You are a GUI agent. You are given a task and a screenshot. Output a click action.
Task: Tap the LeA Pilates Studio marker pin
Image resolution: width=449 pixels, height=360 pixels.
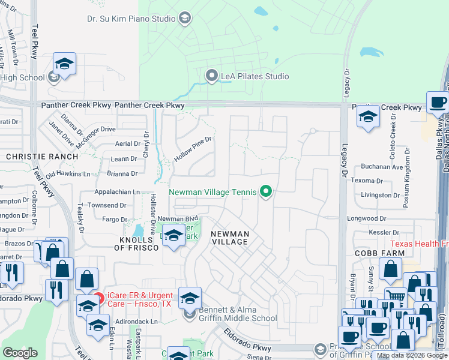[x=211, y=76]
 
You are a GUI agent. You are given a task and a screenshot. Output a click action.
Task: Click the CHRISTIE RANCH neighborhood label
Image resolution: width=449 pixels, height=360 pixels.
[x=42, y=157]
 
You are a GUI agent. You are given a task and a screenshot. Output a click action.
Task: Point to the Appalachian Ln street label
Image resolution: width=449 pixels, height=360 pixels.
[x=117, y=192]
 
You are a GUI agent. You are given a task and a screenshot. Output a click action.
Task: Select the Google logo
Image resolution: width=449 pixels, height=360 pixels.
[x=20, y=353]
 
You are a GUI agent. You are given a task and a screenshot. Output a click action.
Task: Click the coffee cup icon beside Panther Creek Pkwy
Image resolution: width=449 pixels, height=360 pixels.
[x=438, y=102]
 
